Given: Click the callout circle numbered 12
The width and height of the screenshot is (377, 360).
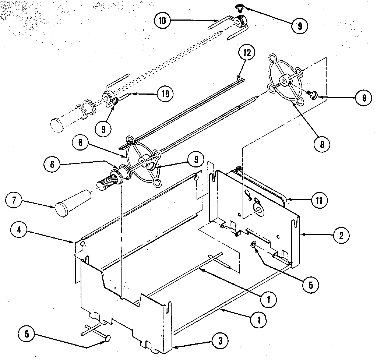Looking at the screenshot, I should point(246,53).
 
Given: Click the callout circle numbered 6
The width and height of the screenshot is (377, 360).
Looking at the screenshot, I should point(52,165).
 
